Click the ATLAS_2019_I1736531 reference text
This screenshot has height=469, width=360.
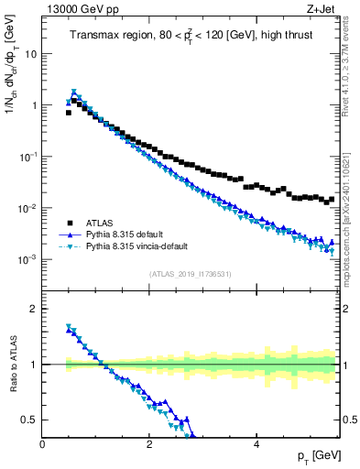pyautogui.click(x=190, y=274)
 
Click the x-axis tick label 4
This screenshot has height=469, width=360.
pyautogui.click(x=256, y=444)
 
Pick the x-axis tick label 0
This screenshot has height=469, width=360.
pyautogui.click(x=43, y=444)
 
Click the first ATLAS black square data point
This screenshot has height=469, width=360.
pyautogui.click(x=69, y=113)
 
